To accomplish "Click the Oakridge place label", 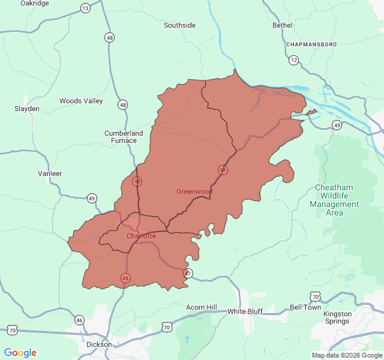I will coord(34,3).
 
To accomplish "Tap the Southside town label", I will coord(179,25).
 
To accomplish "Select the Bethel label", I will coord(282,25).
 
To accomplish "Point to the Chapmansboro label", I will coord(311,44).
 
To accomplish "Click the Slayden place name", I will coord(27,109).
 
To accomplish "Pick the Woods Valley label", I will coord(81,101).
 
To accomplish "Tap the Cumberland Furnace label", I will coord(124,137).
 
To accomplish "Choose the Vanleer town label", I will coord(50,173).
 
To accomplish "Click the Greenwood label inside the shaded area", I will coord(194,191).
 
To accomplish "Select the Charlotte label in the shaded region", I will coord(141,236).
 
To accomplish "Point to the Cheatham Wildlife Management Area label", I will coord(334,200).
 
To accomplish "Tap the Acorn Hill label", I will coord(201,307).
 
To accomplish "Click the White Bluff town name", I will coord(245,311).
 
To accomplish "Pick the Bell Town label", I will coord(305,307).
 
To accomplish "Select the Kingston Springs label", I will coord(337,317).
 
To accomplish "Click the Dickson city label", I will coord(99,344).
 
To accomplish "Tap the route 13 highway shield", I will coord(85,8).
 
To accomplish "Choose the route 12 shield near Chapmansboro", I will coord(293,60).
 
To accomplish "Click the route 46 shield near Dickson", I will coord(79,320).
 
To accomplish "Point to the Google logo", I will coord(20,353).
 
